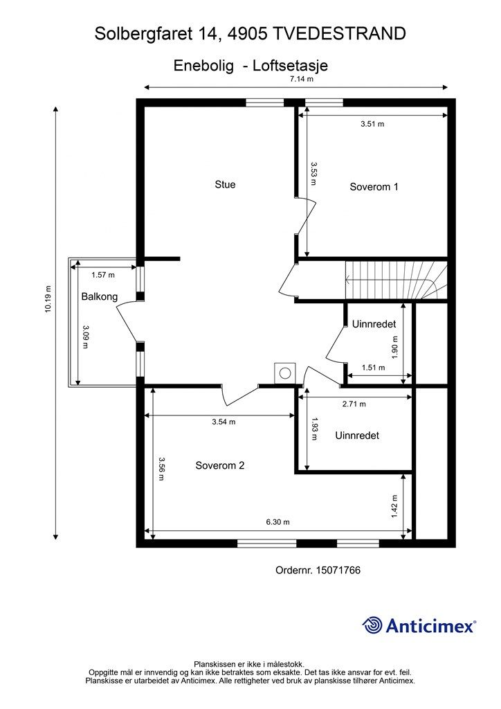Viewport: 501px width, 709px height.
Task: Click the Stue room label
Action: [225, 184]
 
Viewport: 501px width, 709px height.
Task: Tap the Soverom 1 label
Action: [374, 186]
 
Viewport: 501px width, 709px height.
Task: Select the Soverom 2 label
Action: [219, 465]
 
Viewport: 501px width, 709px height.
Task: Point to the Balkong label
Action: [99, 296]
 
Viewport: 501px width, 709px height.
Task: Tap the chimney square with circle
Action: [284, 373]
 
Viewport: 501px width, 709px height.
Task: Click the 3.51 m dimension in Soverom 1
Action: [372, 124]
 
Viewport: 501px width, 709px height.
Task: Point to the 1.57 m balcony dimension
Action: [103, 274]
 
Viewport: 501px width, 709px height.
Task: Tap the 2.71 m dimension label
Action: [354, 404]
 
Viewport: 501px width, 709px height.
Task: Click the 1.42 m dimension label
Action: [394, 506]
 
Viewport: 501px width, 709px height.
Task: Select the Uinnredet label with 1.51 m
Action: [373, 323]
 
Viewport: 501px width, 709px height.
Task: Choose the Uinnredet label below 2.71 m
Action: [356, 436]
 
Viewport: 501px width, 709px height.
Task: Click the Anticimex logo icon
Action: [373, 625]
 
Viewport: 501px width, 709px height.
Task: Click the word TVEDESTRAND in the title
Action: [340, 33]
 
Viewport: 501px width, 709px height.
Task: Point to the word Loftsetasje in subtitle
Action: [291, 66]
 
